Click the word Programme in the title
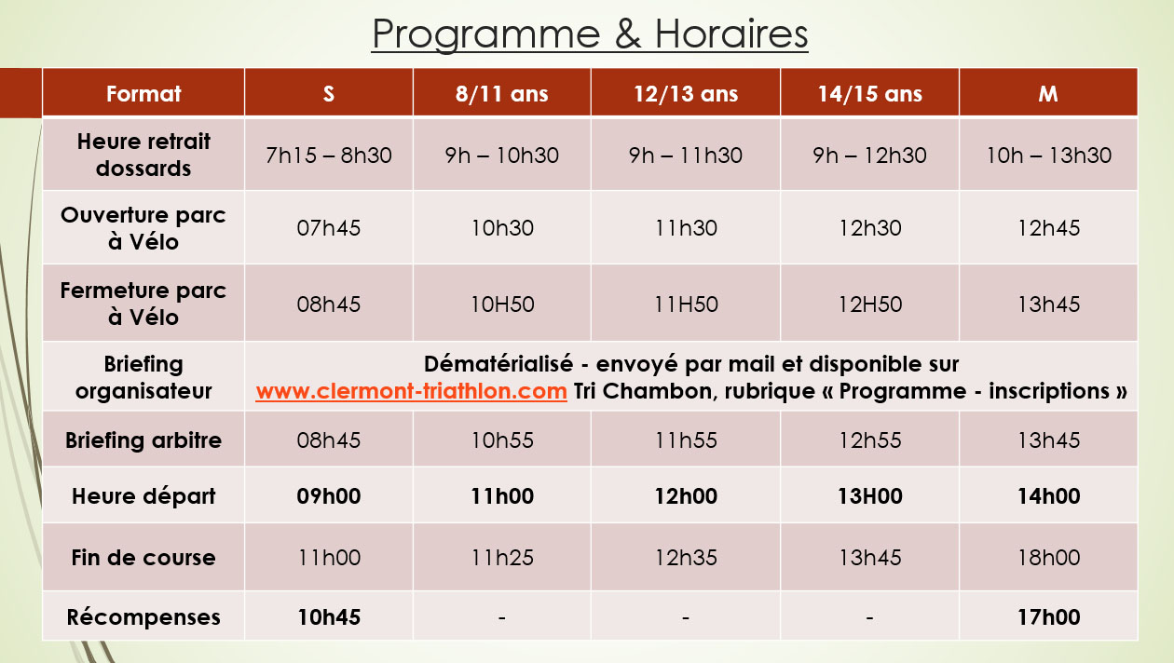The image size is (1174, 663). click(x=485, y=34)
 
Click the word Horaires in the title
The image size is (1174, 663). click(x=731, y=34)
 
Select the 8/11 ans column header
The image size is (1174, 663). click(x=501, y=94)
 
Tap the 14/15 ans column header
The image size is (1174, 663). click(x=870, y=94)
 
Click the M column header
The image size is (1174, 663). click(x=1048, y=94)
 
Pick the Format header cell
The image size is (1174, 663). click(x=143, y=94)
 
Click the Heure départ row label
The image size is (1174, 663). click(x=143, y=496)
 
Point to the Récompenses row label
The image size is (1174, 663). click(x=143, y=617)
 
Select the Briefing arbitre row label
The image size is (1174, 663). click(x=143, y=440)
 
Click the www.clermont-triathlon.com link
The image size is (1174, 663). click(x=412, y=391)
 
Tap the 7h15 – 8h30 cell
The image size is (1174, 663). click(x=329, y=155)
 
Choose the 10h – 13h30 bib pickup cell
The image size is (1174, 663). click(x=1049, y=155)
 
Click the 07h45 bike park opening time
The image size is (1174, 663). click(x=329, y=228)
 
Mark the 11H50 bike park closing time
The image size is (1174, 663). click(x=686, y=304)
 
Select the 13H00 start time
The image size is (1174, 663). click(x=870, y=496)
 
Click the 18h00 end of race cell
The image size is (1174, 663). click(x=1049, y=558)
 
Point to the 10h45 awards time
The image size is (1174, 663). click(x=329, y=617)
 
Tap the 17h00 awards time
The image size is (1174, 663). click(x=1049, y=617)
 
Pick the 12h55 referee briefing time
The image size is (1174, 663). click(x=870, y=440)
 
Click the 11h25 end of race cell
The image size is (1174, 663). click(x=502, y=558)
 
